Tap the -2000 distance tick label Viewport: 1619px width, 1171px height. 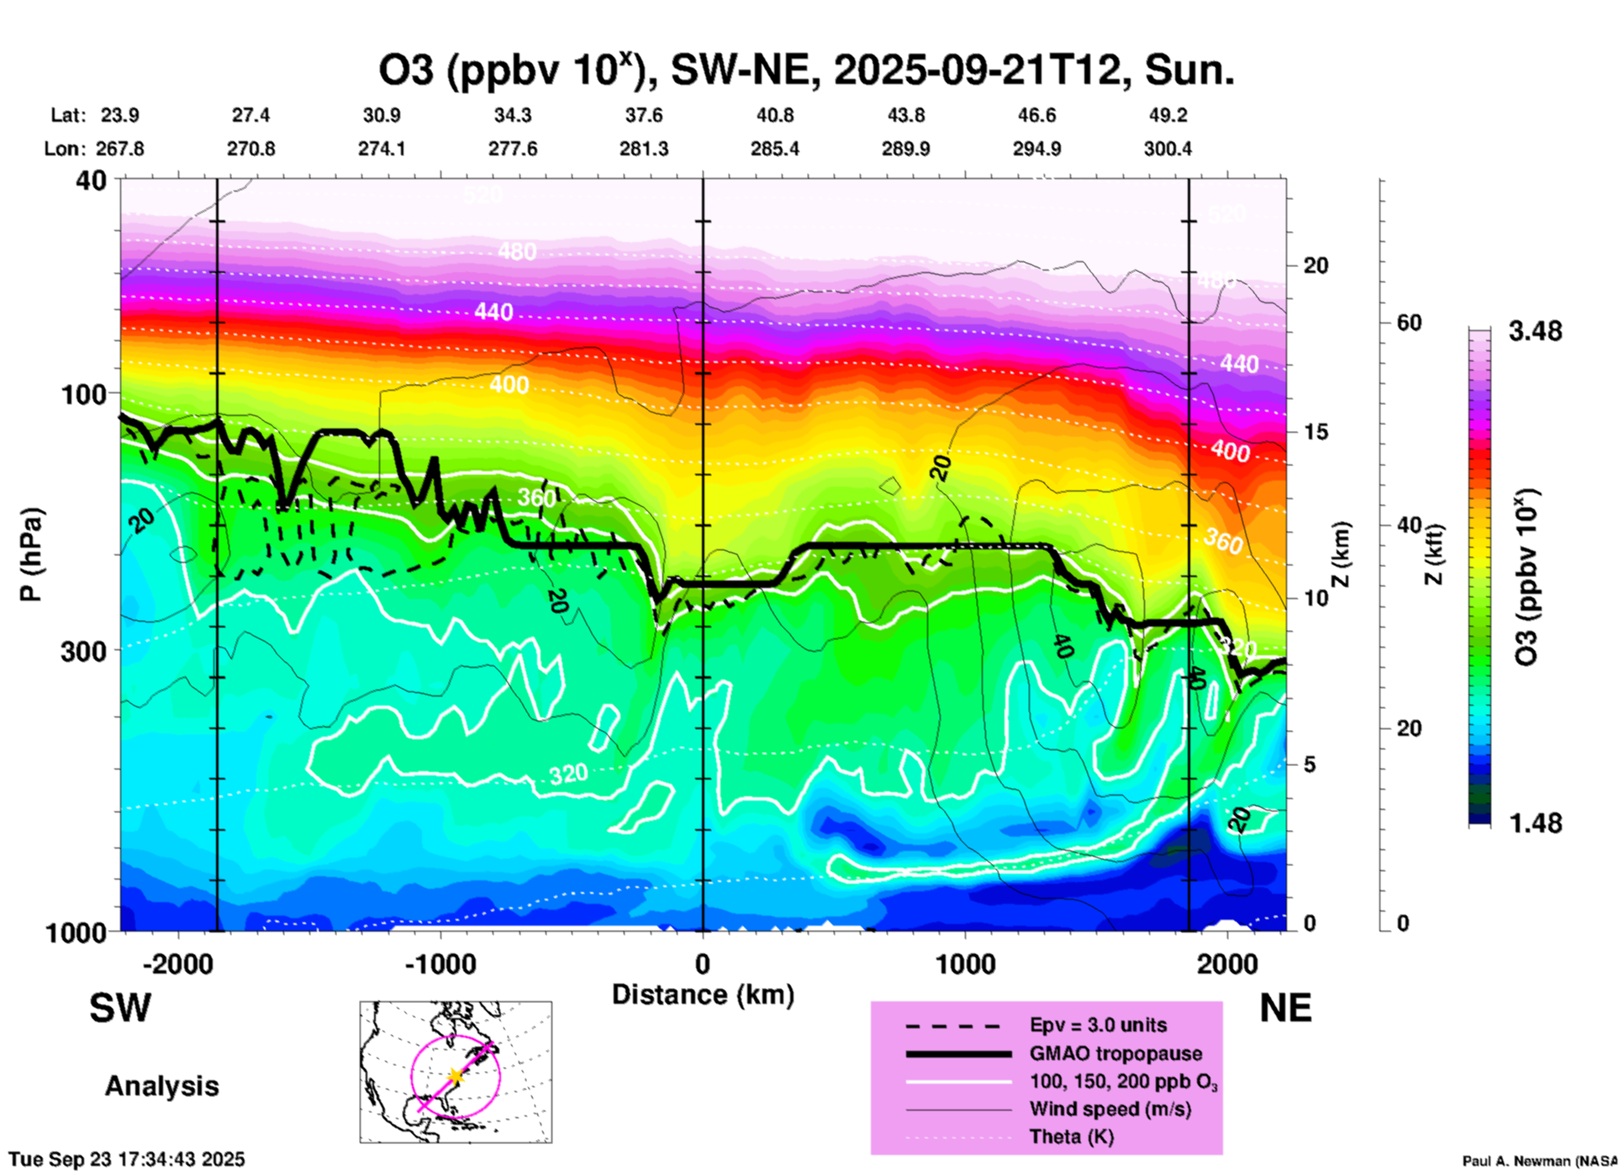pos(178,964)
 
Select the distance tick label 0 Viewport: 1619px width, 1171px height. pos(703,964)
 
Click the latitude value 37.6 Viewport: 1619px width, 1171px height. pos(644,115)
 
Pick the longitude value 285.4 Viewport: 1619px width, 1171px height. pos(775,150)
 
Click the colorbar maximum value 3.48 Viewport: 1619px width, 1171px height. pos(1535,332)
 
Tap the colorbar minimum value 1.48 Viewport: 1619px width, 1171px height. pos(1535,823)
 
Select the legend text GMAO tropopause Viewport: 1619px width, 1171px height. pos(1115,1053)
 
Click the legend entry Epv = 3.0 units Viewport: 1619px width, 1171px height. pos(1098,1026)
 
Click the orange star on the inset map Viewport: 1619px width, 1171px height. pos(456,1075)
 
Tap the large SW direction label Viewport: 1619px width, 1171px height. pos(120,1008)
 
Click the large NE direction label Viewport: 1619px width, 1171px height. pos(1285,1008)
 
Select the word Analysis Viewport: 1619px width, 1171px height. pos(161,1086)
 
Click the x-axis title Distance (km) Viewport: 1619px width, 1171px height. pos(703,995)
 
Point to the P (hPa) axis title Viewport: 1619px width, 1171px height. pos(31,554)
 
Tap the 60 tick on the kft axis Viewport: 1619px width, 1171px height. pos(1409,323)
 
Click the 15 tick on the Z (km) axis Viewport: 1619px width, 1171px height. pos(1316,432)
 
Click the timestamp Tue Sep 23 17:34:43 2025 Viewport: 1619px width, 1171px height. pos(127,1159)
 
